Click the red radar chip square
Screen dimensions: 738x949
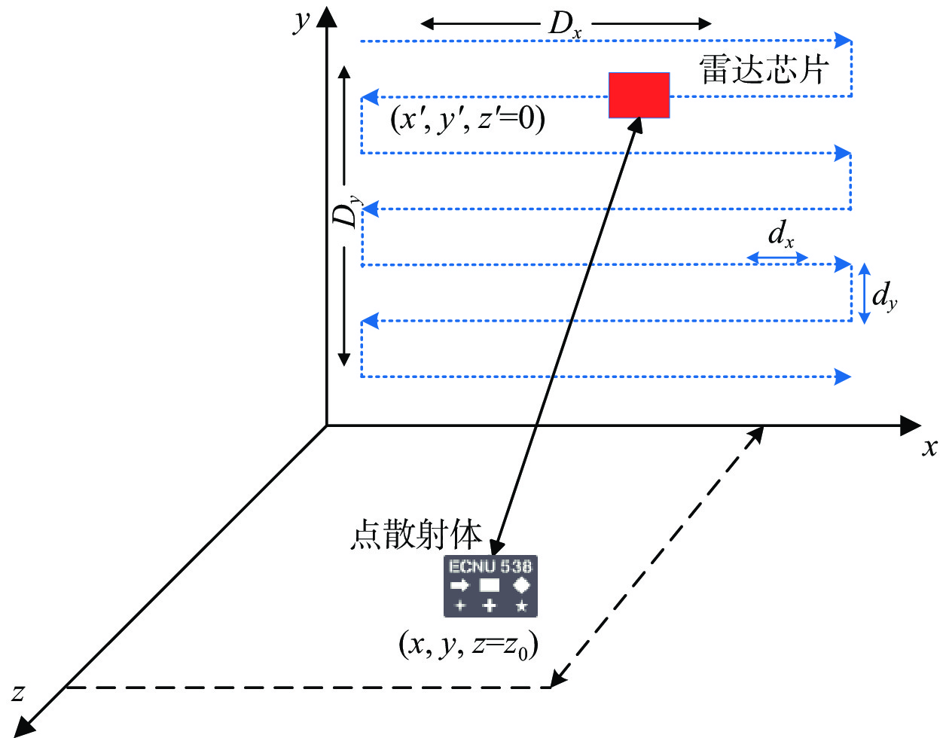coord(639,96)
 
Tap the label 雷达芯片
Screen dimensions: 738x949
coord(764,69)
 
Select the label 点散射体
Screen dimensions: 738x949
coord(416,535)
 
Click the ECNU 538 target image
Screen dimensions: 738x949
coord(490,586)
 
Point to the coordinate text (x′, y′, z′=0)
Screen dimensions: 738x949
coord(467,119)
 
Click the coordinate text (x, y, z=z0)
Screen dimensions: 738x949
coord(468,645)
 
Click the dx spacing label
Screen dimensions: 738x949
coord(780,235)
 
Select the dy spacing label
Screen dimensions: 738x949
coord(884,295)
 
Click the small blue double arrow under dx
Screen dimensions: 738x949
coord(777,258)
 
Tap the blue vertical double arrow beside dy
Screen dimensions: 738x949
coord(865,293)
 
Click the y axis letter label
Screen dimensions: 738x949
coord(302,20)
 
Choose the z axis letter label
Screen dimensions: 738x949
coord(18,691)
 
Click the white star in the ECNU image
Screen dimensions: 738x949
coord(521,606)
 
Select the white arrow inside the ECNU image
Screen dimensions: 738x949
coord(459,585)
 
